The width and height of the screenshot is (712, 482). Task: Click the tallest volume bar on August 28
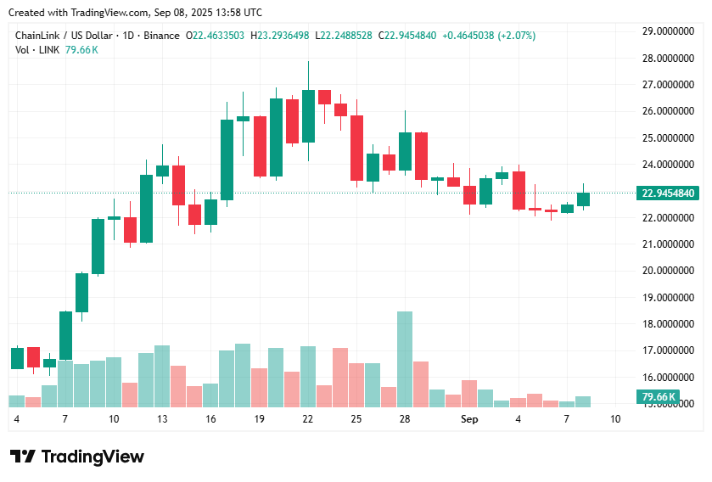click(x=405, y=359)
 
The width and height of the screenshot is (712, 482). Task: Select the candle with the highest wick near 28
click(x=308, y=115)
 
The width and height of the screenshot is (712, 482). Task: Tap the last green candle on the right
click(x=583, y=199)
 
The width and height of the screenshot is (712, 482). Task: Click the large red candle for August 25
click(x=356, y=148)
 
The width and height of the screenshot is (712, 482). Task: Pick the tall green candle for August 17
click(x=227, y=160)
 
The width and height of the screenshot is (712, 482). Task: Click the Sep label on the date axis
click(x=469, y=419)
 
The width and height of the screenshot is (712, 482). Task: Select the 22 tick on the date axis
click(x=307, y=419)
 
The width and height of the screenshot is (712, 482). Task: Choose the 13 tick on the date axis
click(x=161, y=419)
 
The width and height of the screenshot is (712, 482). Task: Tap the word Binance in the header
click(x=161, y=36)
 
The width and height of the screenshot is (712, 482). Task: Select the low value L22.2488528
click(x=343, y=36)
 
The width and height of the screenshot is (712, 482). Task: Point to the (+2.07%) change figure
click(x=518, y=36)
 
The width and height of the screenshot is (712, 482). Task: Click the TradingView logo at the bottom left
click(x=77, y=457)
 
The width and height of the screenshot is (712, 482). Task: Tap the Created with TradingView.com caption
click(x=136, y=13)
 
